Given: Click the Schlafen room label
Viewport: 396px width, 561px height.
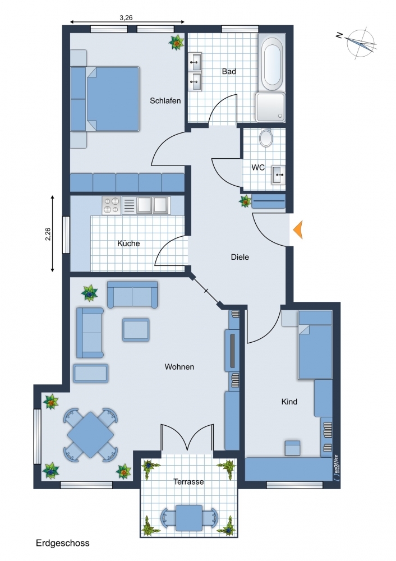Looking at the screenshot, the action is click(165, 101).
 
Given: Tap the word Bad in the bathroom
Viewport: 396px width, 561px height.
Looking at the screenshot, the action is click(229, 72).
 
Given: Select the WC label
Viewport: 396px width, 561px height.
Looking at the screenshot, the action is click(258, 167).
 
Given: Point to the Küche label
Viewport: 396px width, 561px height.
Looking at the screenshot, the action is click(128, 243).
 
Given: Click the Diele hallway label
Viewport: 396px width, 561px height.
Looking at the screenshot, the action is click(240, 257).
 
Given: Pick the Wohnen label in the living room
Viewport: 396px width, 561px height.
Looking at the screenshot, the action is click(179, 367).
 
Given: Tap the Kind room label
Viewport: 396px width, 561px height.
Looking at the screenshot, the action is click(289, 402).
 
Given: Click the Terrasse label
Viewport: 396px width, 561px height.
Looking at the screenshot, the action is click(188, 482).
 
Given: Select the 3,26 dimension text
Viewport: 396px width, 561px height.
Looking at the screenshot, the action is click(126, 17).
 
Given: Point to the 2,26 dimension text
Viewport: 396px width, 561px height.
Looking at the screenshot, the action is click(48, 234).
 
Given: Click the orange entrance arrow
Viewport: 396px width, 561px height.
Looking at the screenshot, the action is click(298, 229).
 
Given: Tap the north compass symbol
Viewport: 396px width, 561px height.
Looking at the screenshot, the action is click(361, 43).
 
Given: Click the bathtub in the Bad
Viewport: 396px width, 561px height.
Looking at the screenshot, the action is click(271, 63).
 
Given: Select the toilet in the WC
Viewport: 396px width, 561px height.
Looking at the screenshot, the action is click(266, 138).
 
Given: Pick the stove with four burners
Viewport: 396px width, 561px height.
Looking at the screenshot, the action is click(111, 205).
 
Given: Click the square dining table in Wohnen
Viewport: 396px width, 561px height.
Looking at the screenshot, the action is click(90, 435).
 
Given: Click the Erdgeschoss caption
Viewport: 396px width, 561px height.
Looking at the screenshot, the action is click(63, 543).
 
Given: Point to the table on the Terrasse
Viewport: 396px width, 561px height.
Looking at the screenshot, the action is click(189, 518).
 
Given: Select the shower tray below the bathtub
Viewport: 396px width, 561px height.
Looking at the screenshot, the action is click(270, 107).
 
